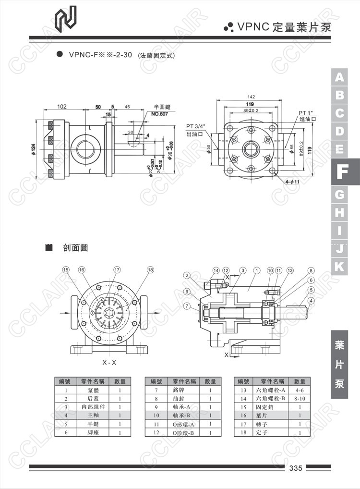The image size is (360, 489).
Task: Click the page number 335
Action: [295, 468]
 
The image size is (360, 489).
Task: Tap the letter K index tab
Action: [340, 266]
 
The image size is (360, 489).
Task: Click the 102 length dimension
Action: [62, 107]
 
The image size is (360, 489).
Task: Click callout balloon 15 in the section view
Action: [66, 269]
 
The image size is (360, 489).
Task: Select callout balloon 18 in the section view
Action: [151, 269]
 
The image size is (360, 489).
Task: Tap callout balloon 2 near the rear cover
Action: [187, 275]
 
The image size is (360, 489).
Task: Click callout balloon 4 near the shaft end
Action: [311, 301]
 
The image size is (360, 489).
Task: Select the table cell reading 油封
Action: [178, 398]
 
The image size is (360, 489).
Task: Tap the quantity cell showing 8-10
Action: [300, 398]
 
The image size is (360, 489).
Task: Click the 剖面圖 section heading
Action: [75, 248]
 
